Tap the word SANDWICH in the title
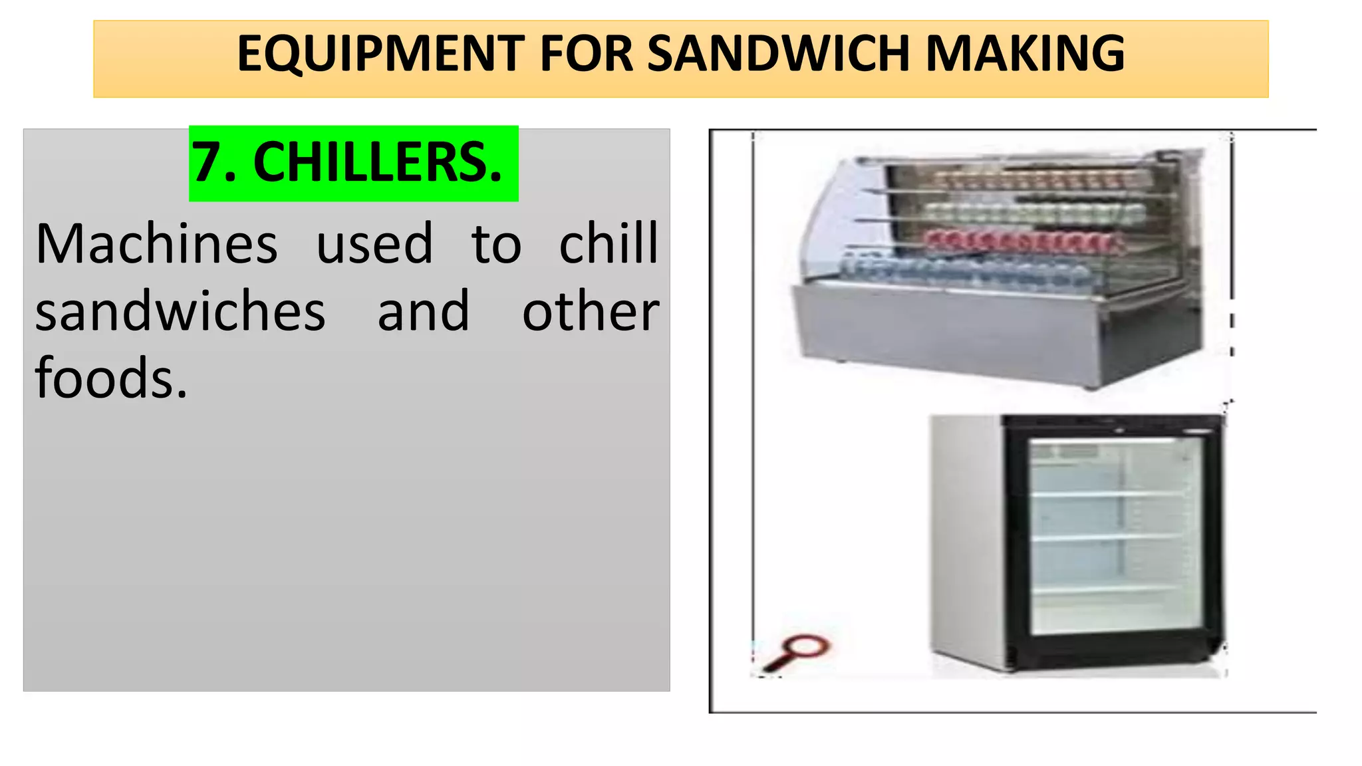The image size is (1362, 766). pyautogui.click(x=779, y=54)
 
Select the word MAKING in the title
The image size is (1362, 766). pyautogui.click(x=1025, y=54)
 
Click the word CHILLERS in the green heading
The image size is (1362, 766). pyautogui.click(x=376, y=164)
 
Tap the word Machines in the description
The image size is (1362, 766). pyautogui.click(x=156, y=245)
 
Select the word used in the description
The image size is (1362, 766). pyautogui.click(x=374, y=245)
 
